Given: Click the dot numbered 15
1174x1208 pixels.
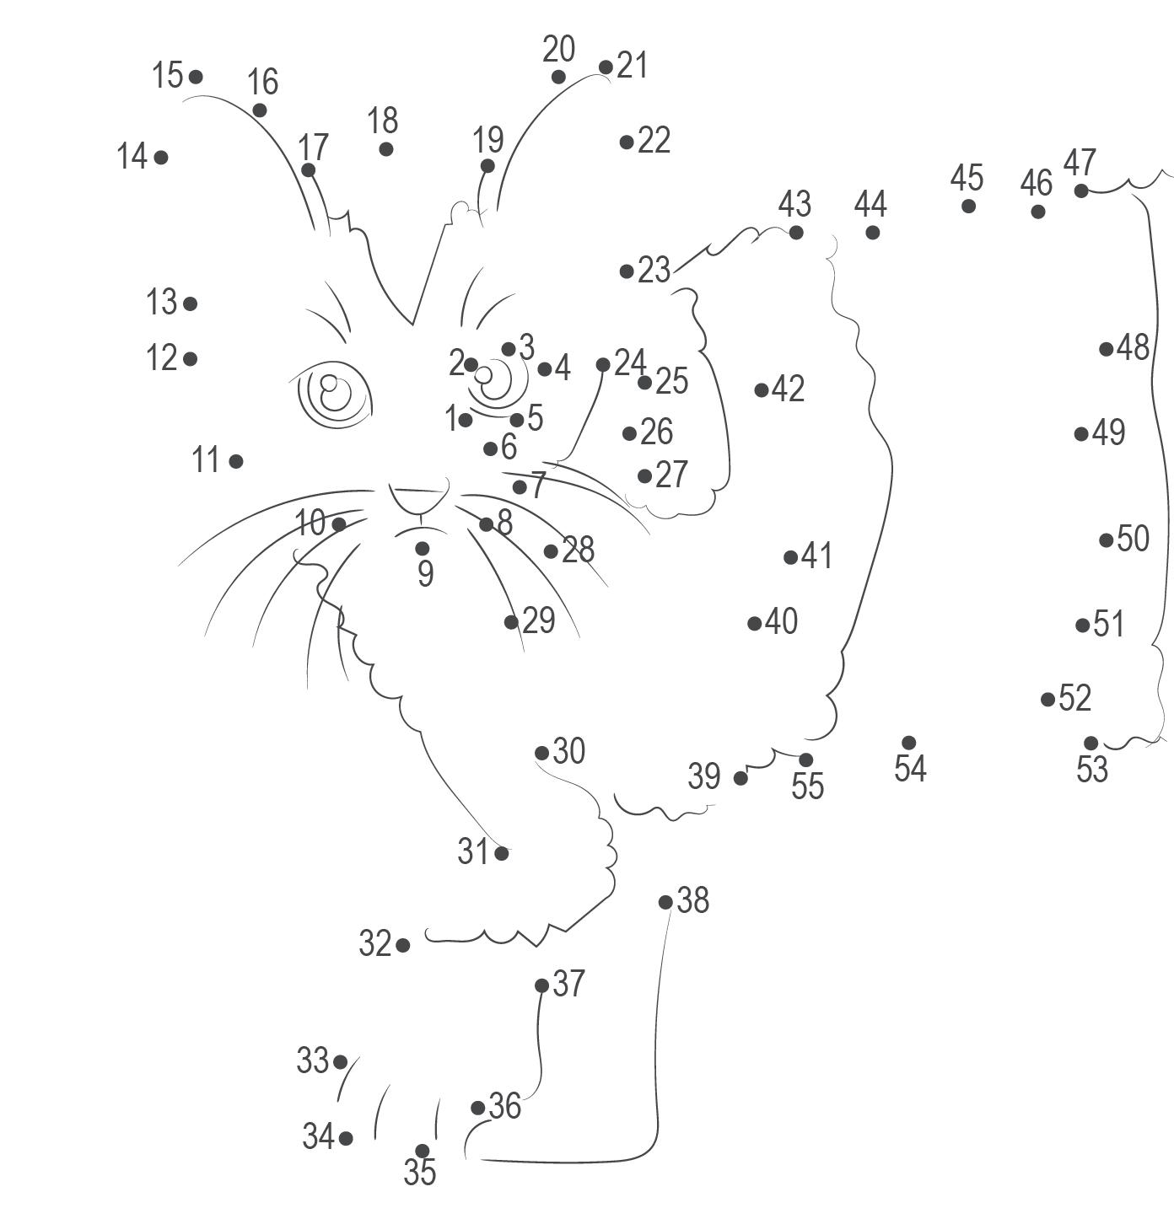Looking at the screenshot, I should [x=196, y=77].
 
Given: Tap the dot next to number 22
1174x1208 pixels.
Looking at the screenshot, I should [x=627, y=142].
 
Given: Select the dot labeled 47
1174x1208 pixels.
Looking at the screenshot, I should [x=1081, y=191].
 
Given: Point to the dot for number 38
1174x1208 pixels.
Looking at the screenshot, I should [x=665, y=902].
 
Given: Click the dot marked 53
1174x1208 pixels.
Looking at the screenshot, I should [x=1091, y=743].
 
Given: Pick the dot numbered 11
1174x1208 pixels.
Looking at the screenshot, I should [x=236, y=461].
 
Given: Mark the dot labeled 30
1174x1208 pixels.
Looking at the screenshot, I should [x=542, y=753].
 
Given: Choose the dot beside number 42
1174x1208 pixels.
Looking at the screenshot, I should [x=762, y=389].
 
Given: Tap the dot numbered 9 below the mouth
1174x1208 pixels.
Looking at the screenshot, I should [x=423, y=549].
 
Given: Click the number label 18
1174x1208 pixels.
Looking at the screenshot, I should [x=383, y=121].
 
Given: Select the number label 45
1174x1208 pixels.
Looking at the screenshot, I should [x=967, y=178].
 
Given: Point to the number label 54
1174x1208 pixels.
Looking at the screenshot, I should [x=910, y=769].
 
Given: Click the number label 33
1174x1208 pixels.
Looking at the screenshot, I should [x=312, y=1060].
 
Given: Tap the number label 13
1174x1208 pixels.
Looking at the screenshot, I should [x=162, y=302].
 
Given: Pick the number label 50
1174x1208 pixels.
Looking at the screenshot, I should [x=1133, y=539].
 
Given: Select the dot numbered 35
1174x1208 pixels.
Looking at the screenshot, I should [x=423, y=1151].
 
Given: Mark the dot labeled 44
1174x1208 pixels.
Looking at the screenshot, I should [x=872, y=232].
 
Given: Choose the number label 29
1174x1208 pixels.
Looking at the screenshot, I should [x=539, y=621].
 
